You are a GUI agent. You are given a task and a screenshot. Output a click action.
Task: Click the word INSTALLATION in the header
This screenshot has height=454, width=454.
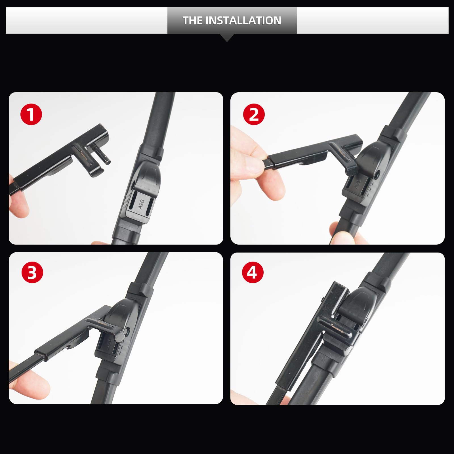pos(243,20)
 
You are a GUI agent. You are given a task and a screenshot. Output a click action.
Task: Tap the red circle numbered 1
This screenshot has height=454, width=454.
pos(31,115)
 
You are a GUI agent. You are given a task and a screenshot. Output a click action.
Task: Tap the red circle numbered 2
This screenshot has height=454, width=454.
pos(254,115)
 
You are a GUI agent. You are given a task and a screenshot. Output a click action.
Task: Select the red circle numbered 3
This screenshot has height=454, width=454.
pos(32,272)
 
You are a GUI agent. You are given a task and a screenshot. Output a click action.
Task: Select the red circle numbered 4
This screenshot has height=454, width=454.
pos(253,272)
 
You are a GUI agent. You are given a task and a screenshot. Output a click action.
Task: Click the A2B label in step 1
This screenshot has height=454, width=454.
pos(141,204)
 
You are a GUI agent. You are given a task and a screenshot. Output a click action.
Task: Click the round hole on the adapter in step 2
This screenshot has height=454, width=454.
pos(377,175)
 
